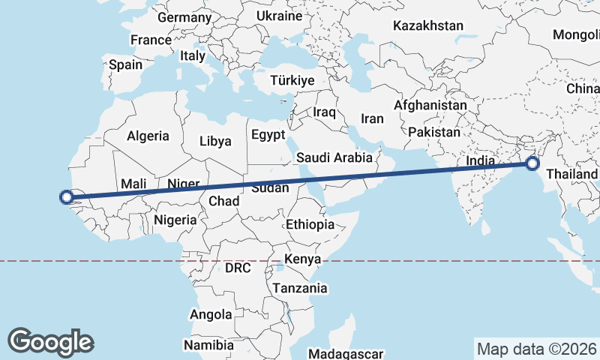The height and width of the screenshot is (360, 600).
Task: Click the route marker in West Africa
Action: (x=66, y=197)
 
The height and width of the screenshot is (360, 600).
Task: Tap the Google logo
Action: (x=50, y=342)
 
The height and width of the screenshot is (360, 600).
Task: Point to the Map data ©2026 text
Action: (x=536, y=349)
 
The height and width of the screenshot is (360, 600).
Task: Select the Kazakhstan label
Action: (x=428, y=25)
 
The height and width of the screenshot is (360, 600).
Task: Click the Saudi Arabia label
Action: (x=334, y=157)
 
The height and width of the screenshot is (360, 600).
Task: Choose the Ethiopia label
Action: (x=310, y=224)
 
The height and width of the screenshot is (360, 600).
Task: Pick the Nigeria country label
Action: (x=175, y=220)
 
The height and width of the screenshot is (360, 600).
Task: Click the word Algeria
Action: (x=148, y=136)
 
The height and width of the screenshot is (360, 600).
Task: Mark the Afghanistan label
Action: (x=430, y=106)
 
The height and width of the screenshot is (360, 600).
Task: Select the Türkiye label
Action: (x=292, y=80)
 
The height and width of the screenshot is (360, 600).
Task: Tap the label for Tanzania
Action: (x=300, y=288)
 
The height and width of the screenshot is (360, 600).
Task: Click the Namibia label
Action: (x=206, y=346)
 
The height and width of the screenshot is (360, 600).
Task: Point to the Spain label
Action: (x=125, y=64)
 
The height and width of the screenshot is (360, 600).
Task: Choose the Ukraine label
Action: (x=279, y=16)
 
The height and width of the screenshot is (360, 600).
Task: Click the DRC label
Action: (x=238, y=268)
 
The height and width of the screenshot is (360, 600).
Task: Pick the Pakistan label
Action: (x=434, y=132)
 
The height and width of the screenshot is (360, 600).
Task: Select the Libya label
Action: (x=215, y=141)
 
